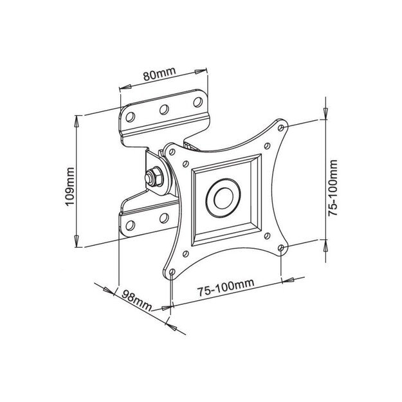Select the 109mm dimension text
(70, 185)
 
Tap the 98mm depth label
(136, 300)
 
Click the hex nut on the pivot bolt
(154, 175)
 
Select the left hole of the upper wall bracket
(131, 118)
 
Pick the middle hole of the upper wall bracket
(164, 110)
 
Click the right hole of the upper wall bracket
(196, 102)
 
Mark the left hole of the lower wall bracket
(131, 224)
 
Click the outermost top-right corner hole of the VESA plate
(280, 128)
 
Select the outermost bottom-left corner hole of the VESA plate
(171, 271)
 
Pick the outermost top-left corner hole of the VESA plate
(171, 151)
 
